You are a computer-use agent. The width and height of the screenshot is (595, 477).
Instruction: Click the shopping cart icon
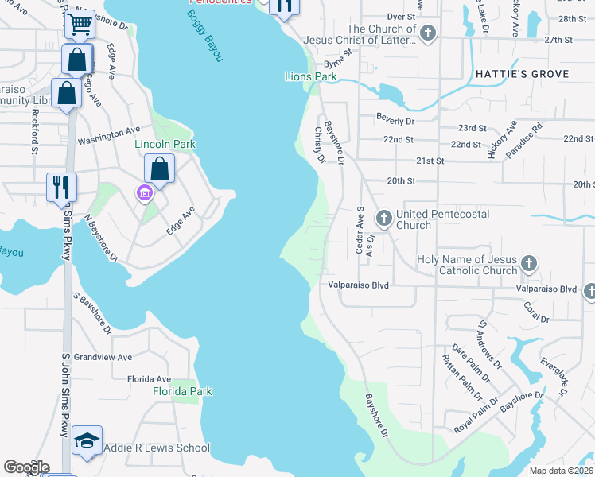pyautogui.click(x=80, y=25)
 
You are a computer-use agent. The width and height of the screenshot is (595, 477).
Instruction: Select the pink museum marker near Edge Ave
pyautogui.click(x=143, y=192)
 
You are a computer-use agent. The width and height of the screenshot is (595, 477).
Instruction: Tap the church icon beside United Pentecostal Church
pyautogui.click(x=383, y=217)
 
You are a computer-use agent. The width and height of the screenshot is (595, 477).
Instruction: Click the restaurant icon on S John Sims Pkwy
pyautogui.click(x=61, y=188)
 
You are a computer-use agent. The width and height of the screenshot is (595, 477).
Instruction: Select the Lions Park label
pyautogui.click(x=310, y=77)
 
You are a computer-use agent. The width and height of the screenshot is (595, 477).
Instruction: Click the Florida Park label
pyautogui.click(x=183, y=391)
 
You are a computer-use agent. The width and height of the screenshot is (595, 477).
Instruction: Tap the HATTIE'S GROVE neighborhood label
pyautogui.click(x=522, y=74)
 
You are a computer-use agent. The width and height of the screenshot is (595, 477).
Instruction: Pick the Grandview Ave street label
pyautogui.click(x=103, y=358)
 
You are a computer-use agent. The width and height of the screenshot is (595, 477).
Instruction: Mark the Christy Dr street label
pyautogui.click(x=320, y=145)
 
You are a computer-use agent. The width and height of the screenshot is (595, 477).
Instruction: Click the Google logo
pyautogui.click(x=26, y=467)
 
